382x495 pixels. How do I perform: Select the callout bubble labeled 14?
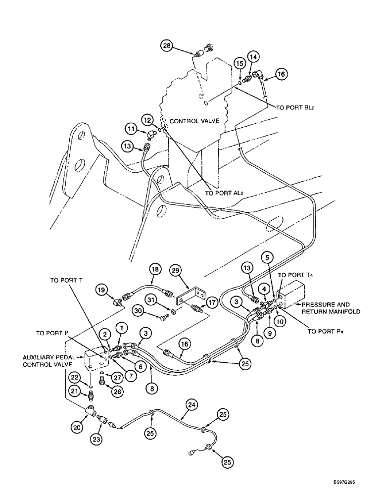tap(254, 57)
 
